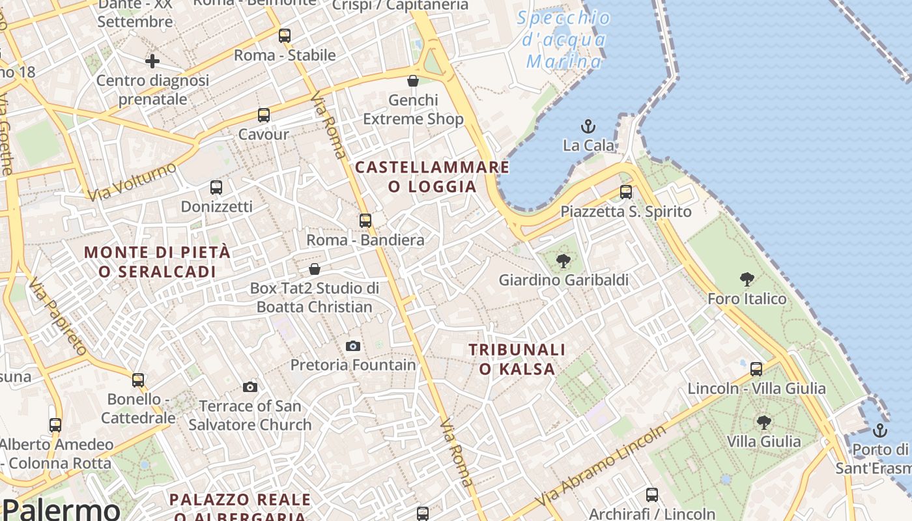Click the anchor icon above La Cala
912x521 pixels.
tap(588, 126)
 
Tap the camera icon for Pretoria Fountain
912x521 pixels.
tap(353, 346)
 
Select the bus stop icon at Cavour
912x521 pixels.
tap(264, 115)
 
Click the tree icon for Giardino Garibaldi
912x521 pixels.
tap(563, 262)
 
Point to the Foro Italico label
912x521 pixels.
tap(747, 299)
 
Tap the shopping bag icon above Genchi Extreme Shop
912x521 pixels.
tap(413, 81)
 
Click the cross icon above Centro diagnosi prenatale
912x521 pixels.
tap(152, 61)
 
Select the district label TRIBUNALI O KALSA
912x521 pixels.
tap(517, 359)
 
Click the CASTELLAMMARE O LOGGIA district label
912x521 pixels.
tap(432, 177)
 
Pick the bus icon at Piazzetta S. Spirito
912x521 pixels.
tap(626, 192)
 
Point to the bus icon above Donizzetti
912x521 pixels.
tap(216, 188)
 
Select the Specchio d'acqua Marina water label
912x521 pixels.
tap(564, 40)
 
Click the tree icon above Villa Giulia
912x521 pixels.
tap(764, 423)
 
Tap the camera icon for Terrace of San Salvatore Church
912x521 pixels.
tap(250, 387)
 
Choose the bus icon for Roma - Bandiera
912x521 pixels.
tap(365, 221)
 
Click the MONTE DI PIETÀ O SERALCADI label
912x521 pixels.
tap(157, 262)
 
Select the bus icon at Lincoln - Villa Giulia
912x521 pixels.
tap(756, 369)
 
